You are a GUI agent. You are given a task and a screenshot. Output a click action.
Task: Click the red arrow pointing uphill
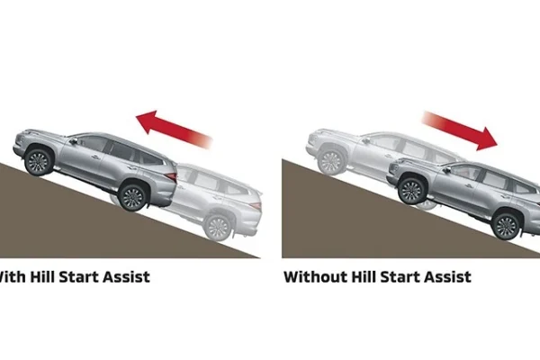coord(173,128)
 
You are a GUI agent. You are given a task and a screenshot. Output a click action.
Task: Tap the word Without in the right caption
coord(317,276)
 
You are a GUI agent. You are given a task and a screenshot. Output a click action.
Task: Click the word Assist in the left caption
coord(122,276)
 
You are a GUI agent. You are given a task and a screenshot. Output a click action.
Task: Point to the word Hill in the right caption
coord(372,276)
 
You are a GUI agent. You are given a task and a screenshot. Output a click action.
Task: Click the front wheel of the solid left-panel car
coord(38,162)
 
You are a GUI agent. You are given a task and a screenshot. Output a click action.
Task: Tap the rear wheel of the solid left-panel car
coord(132,196)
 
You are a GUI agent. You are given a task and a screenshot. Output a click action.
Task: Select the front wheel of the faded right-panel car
coord(330,161)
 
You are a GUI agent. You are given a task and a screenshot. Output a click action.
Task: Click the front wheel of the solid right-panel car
coord(411,191)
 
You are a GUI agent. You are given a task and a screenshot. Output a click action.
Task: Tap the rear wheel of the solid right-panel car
coord(506,225)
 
